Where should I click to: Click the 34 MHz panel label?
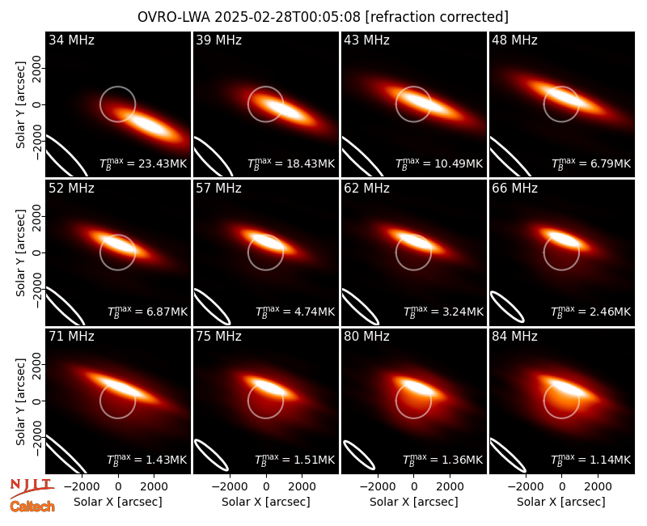pos(71,40)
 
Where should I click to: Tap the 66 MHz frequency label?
pos(514,189)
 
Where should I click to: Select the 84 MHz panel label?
pos(514,337)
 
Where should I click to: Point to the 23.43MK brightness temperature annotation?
pos(143,163)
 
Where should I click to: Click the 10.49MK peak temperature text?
pos(439,163)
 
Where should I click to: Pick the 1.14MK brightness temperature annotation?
pos(591,460)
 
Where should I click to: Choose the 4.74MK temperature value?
pos(295,312)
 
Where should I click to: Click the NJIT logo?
pos(32,488)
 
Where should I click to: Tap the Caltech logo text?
pos(32,507)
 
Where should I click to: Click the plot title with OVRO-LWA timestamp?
pos(323,17)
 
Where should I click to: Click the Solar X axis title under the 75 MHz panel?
pos(266,502)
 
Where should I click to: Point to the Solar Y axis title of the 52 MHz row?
pos(20,252)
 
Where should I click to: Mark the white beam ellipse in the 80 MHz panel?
pos(359,456)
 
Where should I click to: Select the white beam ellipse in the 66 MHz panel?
pos(507,307)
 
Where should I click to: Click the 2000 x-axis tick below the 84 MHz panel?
pos(598,487)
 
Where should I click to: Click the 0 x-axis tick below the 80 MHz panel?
pos(414,487)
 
